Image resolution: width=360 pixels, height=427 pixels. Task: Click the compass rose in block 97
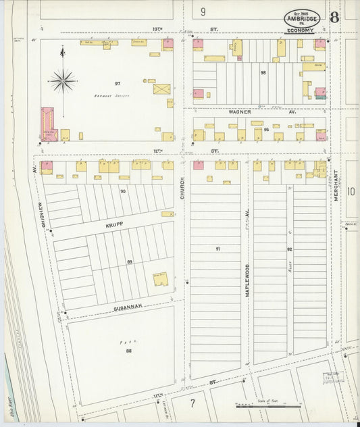coord(63,81)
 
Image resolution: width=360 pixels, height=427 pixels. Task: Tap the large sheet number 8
coord(334,18)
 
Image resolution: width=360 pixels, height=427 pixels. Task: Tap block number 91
coord(217,249)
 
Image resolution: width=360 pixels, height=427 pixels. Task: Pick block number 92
coord(289,249)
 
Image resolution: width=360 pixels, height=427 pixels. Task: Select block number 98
coord(263,72)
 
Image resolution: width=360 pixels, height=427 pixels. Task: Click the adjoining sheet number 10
coord(351,191)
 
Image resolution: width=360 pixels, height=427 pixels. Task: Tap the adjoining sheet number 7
coord(192,403)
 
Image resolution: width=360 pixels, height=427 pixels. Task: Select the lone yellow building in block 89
coord(160,278)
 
